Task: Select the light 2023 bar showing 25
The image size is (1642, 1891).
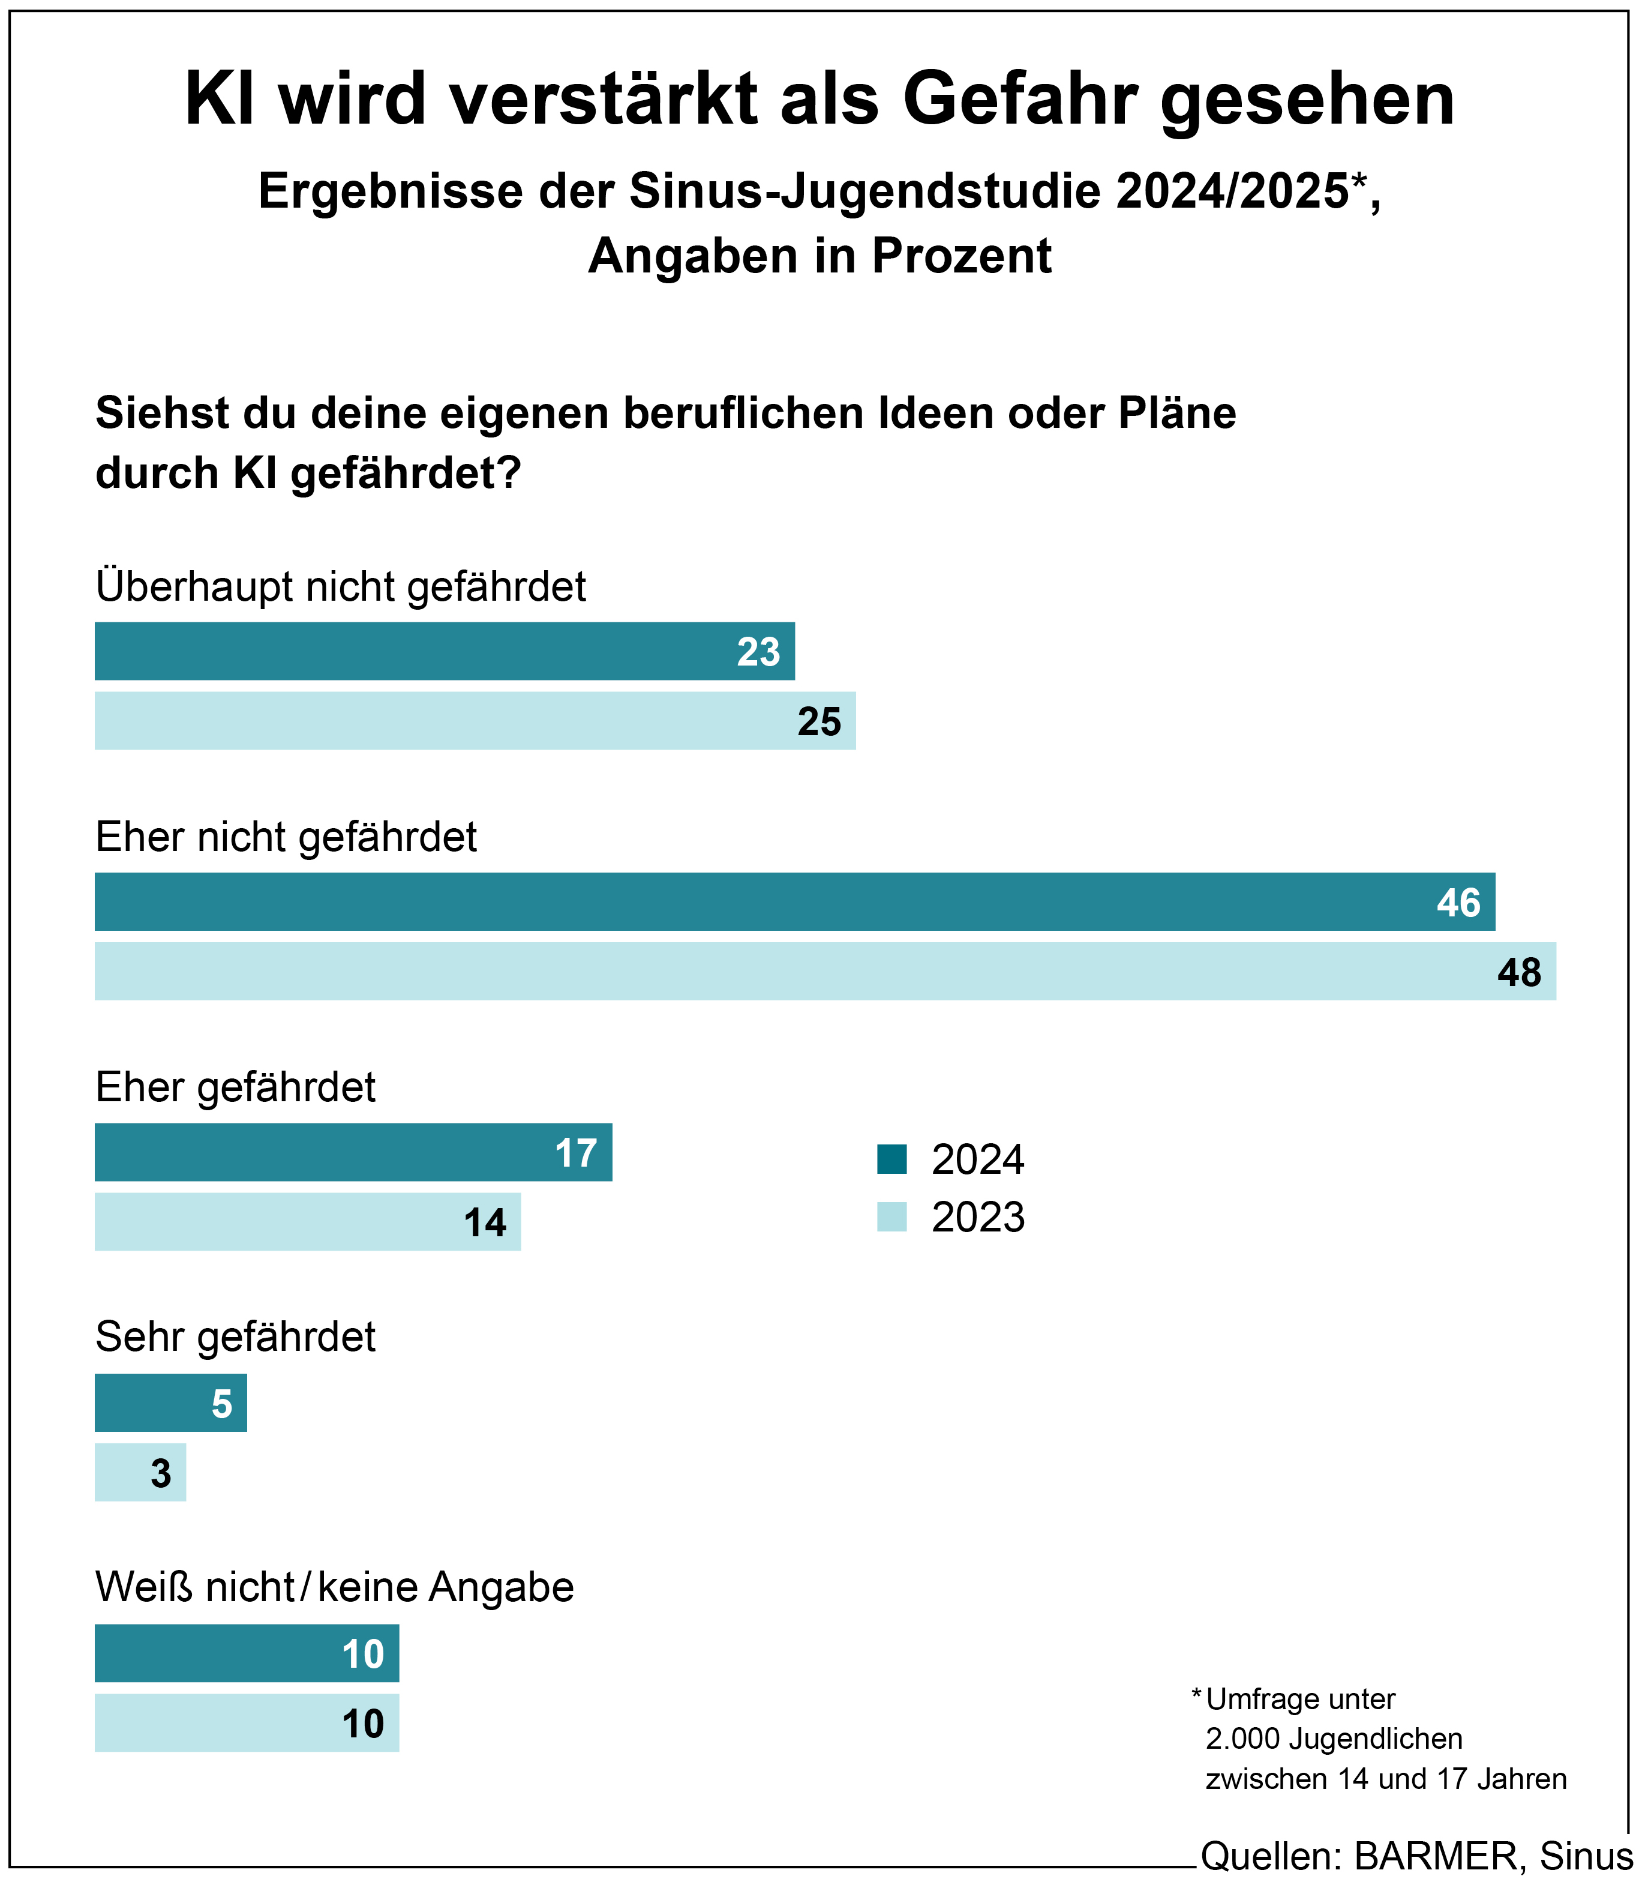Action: (475, 721)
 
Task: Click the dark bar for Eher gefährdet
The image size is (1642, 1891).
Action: (353, 1152)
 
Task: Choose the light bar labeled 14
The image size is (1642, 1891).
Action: (307, 1222)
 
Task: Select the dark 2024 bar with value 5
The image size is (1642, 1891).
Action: (170, 1403)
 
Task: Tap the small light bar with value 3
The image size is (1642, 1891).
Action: (140, 1473)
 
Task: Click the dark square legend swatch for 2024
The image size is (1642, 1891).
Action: (891, 1159)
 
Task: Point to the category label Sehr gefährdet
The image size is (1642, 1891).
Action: (236, 1337)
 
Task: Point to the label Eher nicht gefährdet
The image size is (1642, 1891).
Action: (286, 837)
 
